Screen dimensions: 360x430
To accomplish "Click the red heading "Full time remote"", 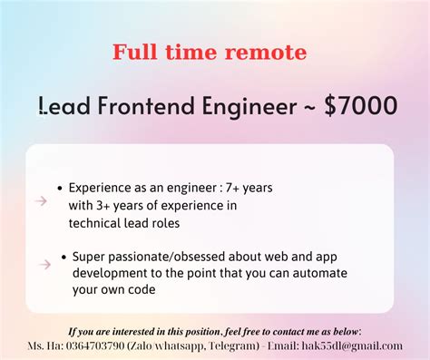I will point(210,53).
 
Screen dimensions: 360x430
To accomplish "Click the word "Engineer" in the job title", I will point(249,106).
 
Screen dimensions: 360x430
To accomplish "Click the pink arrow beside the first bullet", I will point(42,201).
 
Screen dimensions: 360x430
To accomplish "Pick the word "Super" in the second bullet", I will point(90,257).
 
